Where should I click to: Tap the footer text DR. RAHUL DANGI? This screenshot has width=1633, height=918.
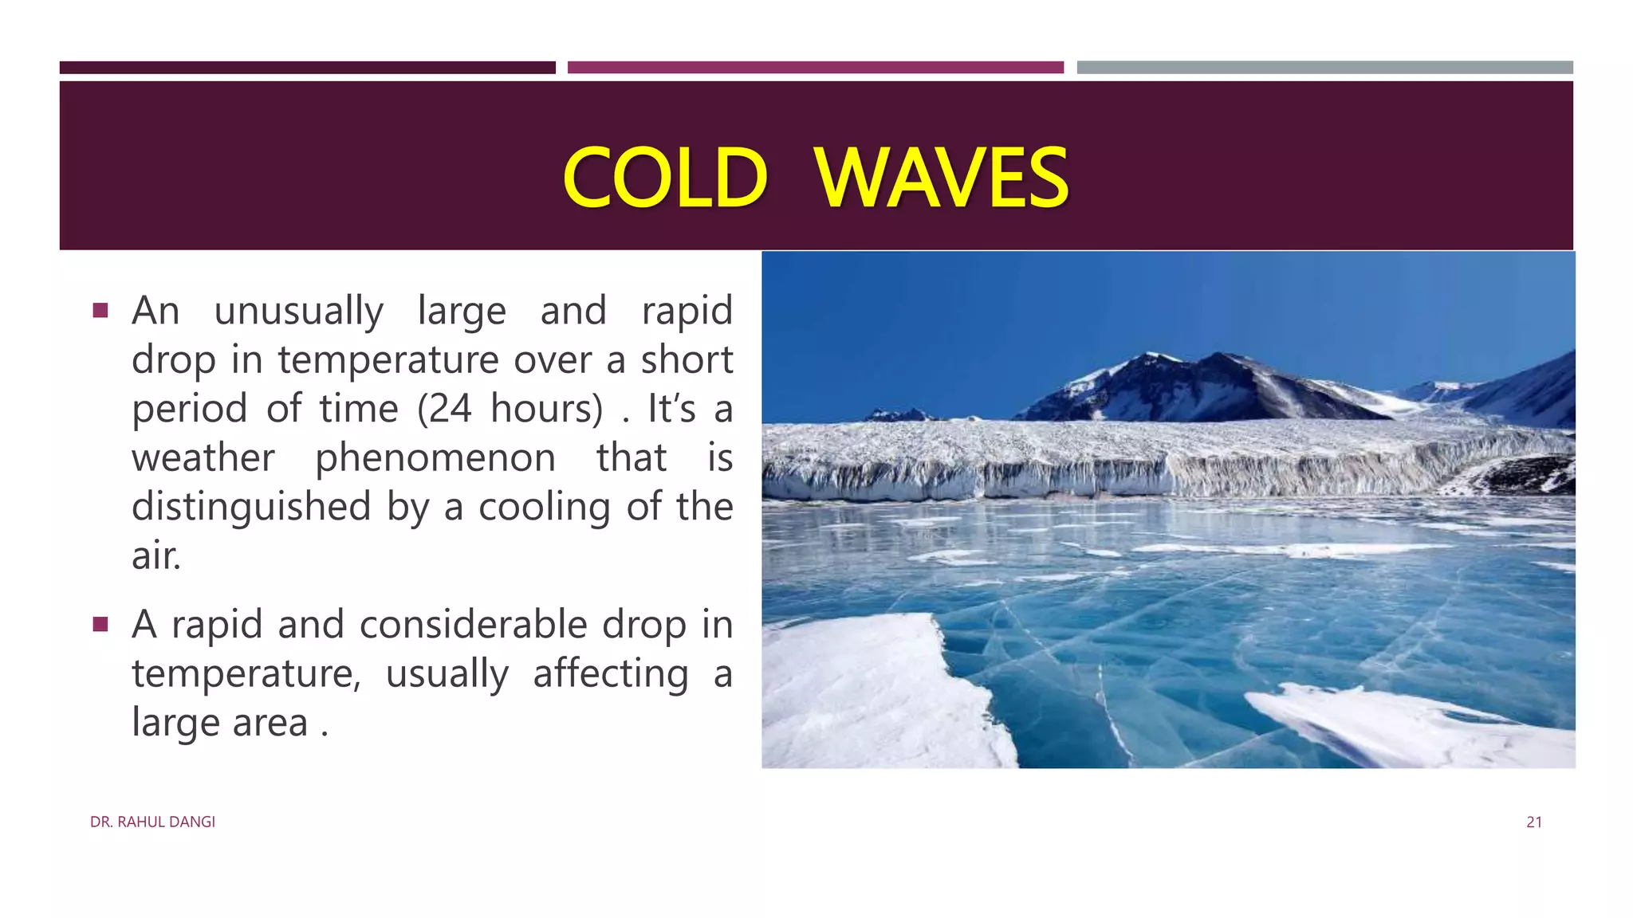(152, 822)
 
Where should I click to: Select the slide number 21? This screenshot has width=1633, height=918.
(1533, 822)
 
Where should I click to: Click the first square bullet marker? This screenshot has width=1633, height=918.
(100, 310)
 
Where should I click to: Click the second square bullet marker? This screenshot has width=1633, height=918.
(100, 624)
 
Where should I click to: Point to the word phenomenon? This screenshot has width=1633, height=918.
(435, 459)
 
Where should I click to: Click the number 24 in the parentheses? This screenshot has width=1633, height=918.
(451, 409)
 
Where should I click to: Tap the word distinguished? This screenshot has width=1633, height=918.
(251, 508)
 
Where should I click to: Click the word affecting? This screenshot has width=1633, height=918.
(610, 674)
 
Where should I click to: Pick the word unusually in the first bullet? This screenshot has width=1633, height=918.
(298, 312)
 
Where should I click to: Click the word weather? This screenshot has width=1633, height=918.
(203, 458)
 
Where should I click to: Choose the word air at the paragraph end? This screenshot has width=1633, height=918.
(155, 555)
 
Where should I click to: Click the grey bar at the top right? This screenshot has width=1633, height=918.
(1324, 68)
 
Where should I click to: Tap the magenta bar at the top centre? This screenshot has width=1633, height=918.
(815, 68)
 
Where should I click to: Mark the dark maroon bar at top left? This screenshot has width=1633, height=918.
(307, 68)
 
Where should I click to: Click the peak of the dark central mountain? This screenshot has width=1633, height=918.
(1218, 356)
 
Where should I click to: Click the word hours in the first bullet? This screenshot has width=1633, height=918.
(546, 409)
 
